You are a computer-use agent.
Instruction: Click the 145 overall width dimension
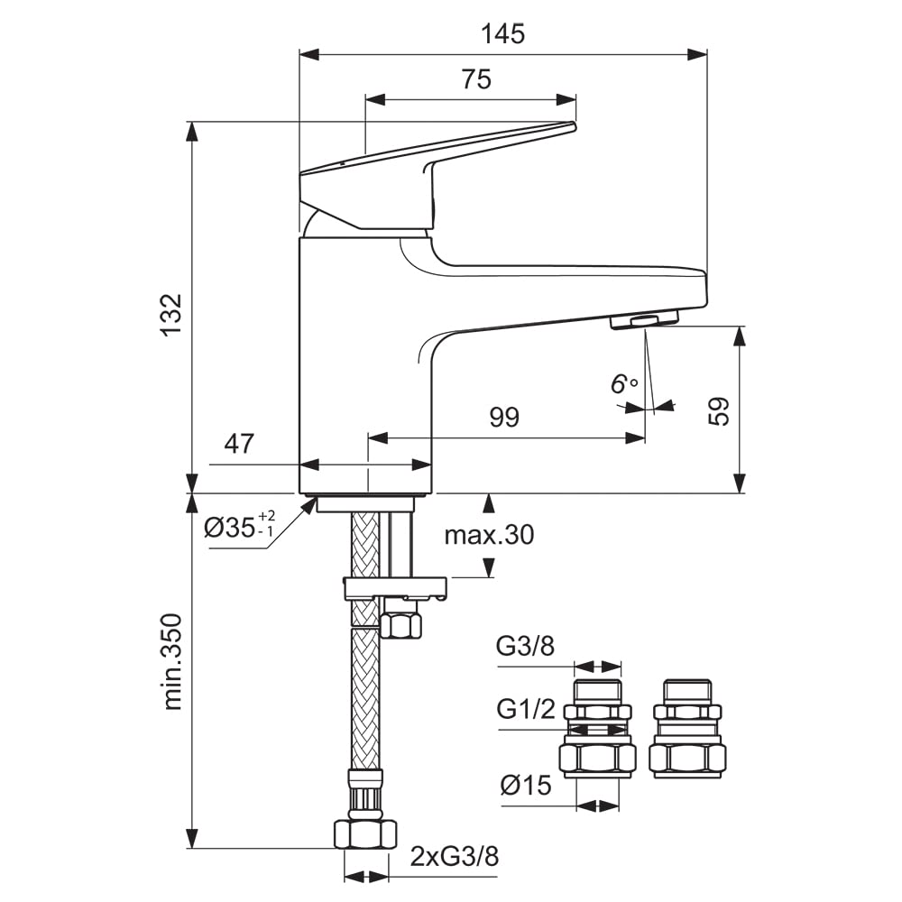coord(502,34)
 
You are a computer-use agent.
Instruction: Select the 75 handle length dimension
coord(476,79)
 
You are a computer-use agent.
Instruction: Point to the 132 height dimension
coord(171,315)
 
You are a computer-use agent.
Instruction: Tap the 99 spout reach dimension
coord(504,417)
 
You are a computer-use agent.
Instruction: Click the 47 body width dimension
coord(239,444)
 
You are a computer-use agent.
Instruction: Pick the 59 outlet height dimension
coord(718,410)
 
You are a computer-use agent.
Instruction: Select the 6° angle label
coord(624,383)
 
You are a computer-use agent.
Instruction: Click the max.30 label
coord(489,535)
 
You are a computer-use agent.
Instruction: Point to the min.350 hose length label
coord(172,662)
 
